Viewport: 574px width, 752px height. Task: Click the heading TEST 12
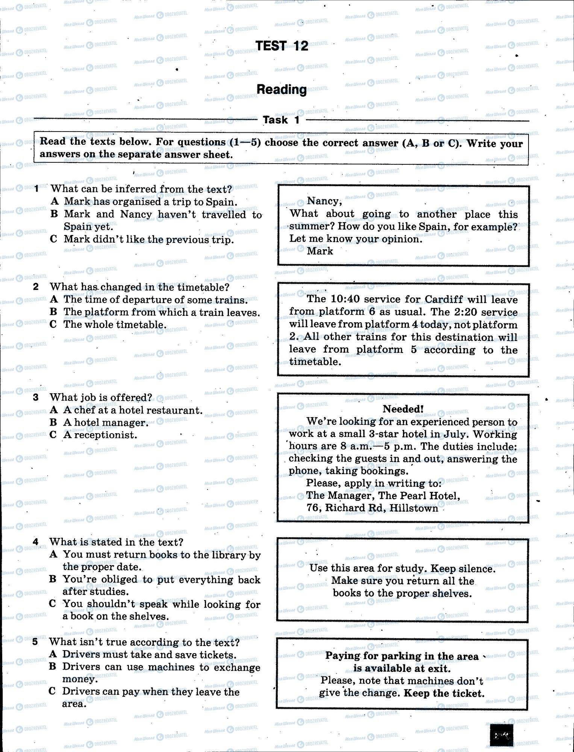282,46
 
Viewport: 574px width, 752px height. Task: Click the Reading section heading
282,89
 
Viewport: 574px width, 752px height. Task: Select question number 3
36,397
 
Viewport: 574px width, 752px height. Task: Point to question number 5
35,642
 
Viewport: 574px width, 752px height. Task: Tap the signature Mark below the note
320,251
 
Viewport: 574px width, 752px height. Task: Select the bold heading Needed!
403,409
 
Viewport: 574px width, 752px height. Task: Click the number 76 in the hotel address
314,508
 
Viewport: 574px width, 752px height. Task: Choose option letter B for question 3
53,422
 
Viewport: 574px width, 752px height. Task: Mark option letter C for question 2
53,324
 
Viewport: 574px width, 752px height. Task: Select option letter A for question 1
55,201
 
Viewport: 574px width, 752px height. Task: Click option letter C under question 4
53,604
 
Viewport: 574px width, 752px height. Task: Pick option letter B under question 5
53,667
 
